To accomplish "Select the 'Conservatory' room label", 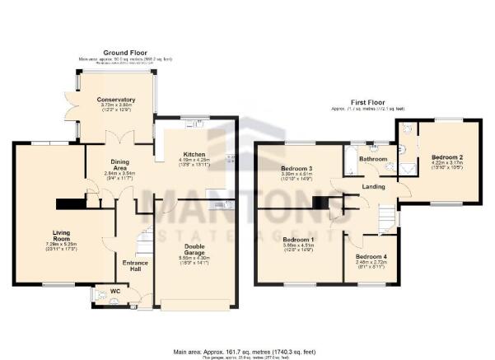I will [116, 100].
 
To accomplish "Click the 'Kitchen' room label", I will [194, 154].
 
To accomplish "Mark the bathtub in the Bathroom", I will [348, 161].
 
